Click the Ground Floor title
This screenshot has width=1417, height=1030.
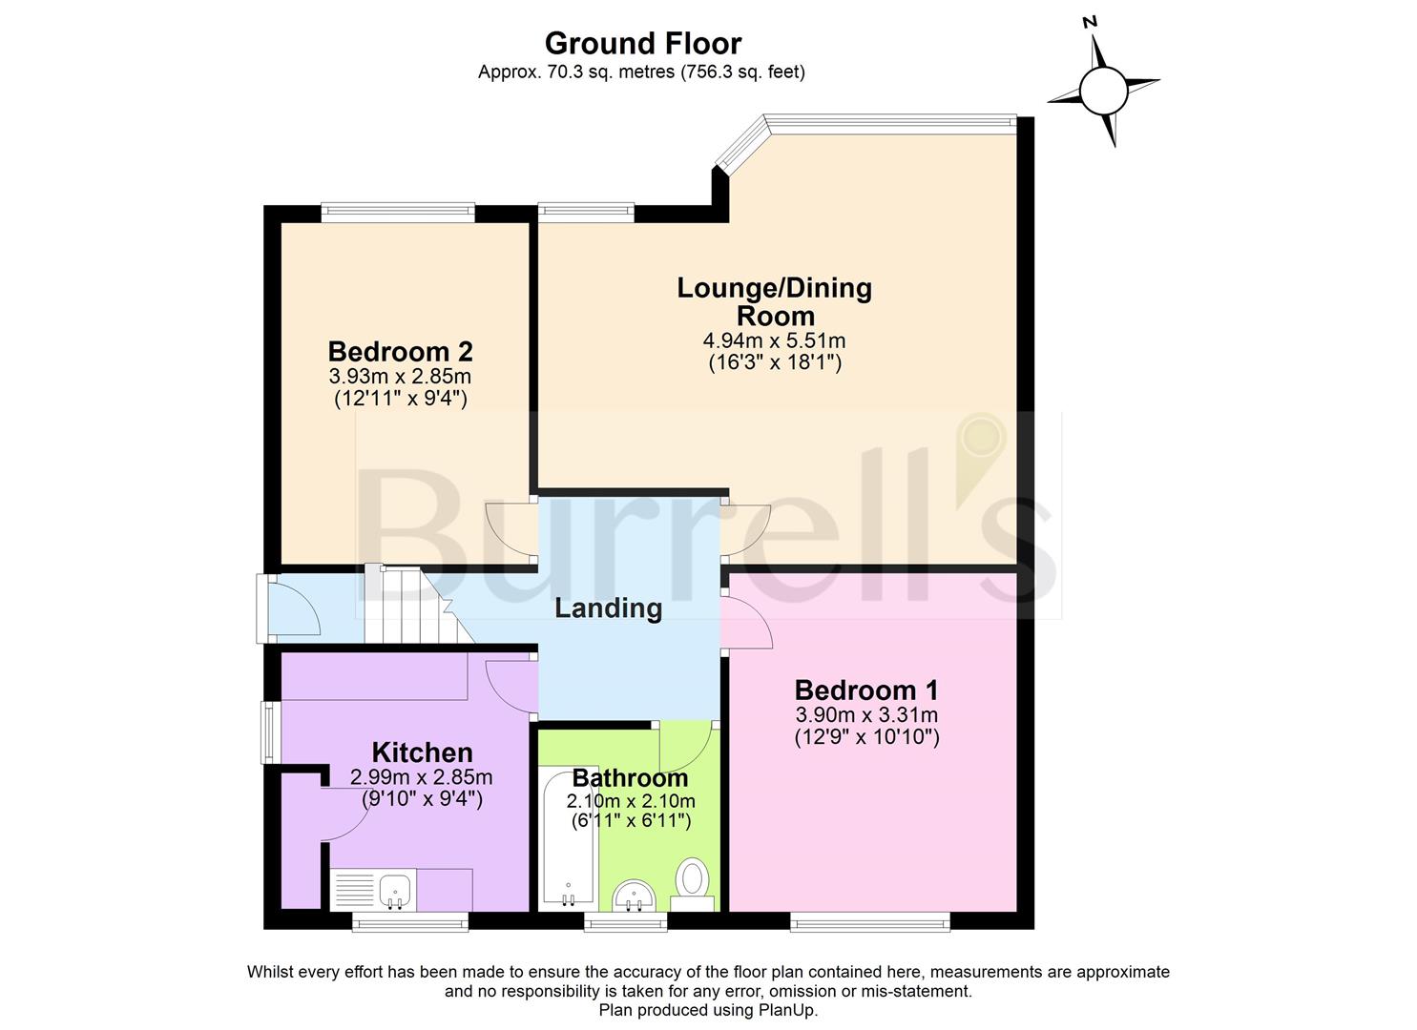tap(642, 44)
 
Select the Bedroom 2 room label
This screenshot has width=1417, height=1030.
tap(400, 351)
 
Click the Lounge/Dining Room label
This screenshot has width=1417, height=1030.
tap(774, 300)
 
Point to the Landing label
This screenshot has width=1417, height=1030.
tap(608, 608)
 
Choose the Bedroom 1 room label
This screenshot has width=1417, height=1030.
tap(866, 690)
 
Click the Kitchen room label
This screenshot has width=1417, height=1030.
tap(422, 752)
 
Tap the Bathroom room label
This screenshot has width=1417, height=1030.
tap(630, 777)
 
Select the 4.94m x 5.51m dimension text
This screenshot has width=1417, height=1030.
tap(774, 340)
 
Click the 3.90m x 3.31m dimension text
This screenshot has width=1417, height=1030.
tap(866, 715)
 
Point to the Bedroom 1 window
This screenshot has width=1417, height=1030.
tap(869, 920)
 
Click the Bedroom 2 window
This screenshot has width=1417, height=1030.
tap(397, 213)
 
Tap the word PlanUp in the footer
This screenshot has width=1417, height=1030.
tap(788, 1010)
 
